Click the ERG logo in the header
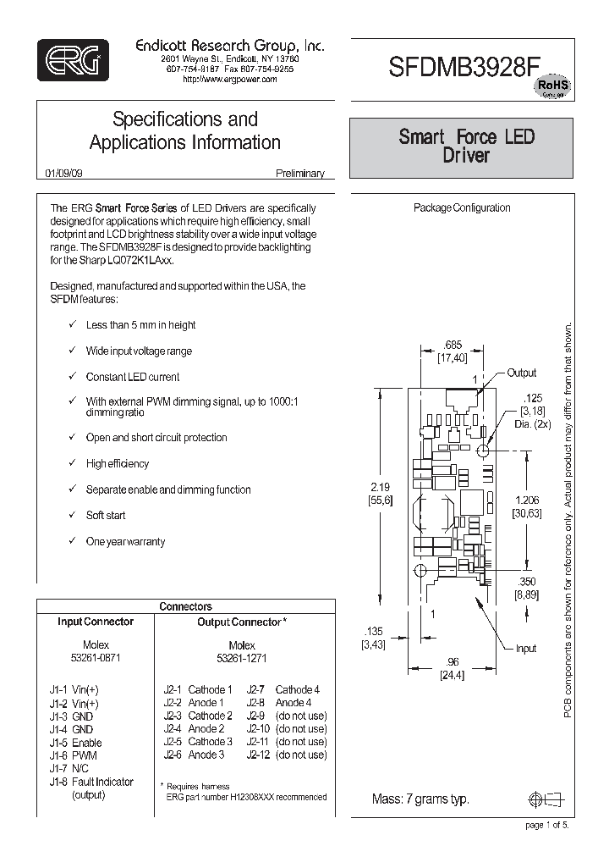point(74,59)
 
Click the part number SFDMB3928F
point(461,69)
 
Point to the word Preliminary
point(299,173)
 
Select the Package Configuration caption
point(461,207)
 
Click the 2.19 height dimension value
point(381,487)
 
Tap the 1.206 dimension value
point(525,500)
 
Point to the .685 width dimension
point(453,345)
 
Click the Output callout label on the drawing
point(522,373)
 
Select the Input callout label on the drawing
point(526,649)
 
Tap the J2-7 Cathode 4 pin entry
point(283,690)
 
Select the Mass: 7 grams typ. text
point(420,799)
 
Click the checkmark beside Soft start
point(74,516)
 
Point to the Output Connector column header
point(236,622)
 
